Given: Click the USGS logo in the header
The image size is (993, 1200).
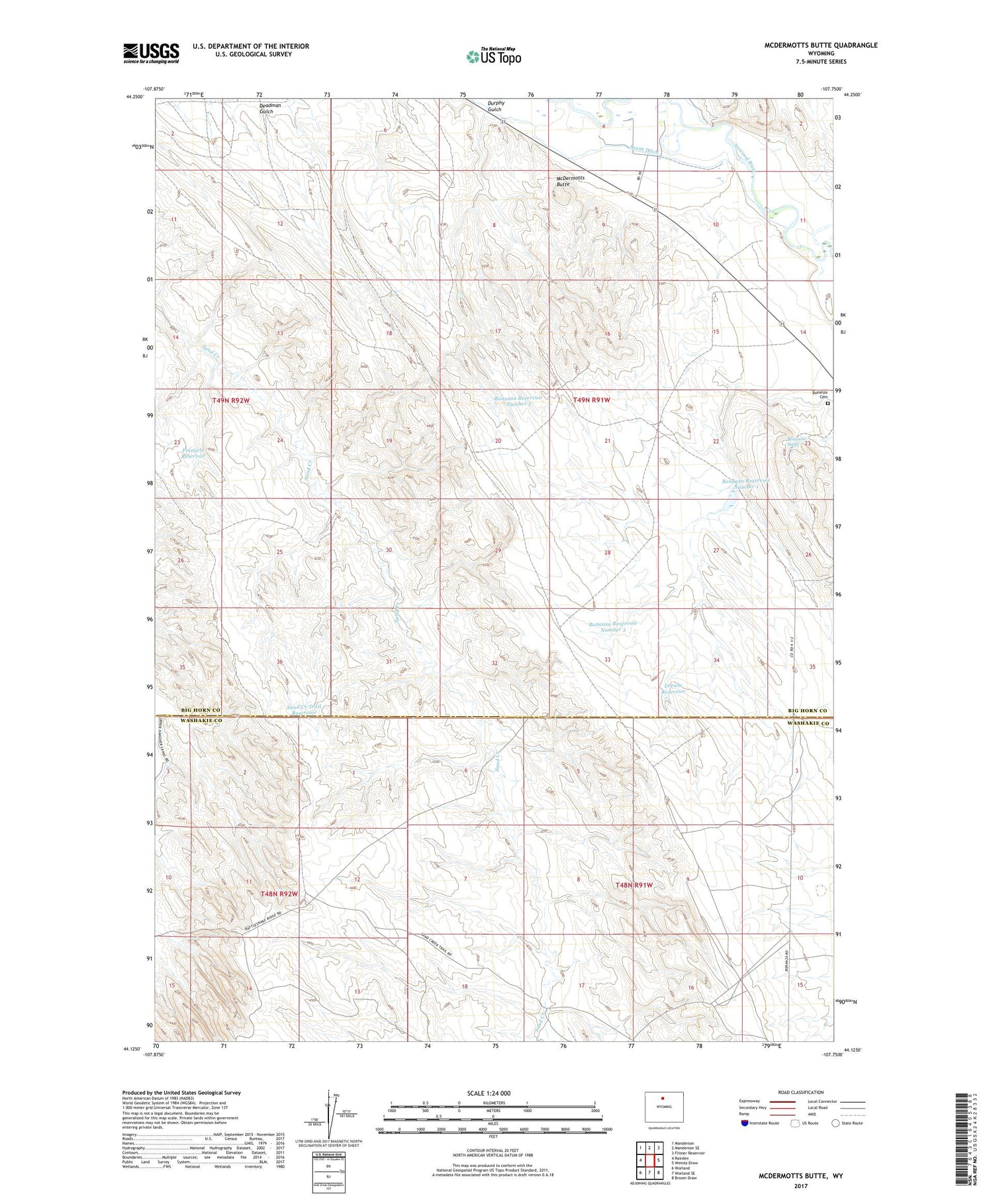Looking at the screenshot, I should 151,53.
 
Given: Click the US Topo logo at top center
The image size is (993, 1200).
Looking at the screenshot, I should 494,57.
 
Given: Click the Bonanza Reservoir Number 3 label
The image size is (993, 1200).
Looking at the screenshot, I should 612,626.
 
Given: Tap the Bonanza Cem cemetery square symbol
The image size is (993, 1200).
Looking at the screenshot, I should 827,403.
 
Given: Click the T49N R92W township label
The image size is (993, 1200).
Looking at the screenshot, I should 232,400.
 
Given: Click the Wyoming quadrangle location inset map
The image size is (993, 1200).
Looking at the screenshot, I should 663,1107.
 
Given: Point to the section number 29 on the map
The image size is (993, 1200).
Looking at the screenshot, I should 498,551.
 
